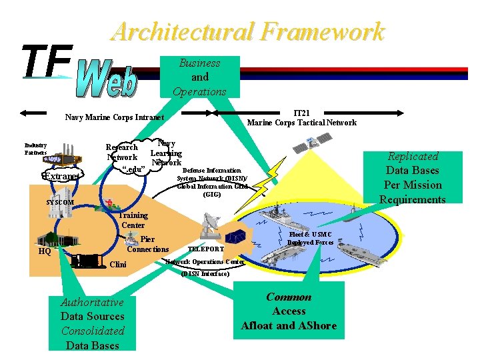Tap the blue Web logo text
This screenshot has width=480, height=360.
[107, 79]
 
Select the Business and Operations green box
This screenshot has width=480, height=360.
[199, 77]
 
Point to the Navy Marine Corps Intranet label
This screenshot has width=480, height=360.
[114, 118]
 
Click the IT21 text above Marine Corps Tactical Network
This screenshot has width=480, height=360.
[301, 113]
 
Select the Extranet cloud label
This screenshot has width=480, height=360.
[61, 176]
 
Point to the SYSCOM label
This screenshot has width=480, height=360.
[61, 202]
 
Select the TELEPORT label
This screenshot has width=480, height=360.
[205, 249]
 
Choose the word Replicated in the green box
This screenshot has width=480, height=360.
[413, 156]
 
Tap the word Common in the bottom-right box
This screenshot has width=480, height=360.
[289, 297]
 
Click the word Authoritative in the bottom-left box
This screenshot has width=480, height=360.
[92, 302]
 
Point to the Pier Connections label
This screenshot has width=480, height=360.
[148, 244]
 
